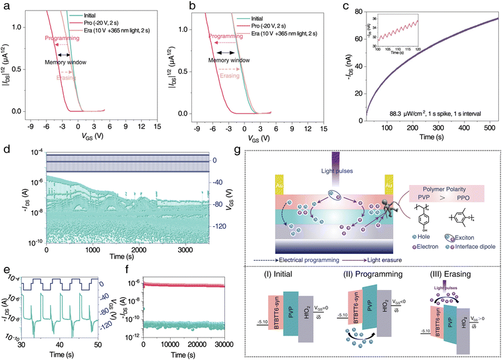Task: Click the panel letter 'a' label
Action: tap(6, 6)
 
